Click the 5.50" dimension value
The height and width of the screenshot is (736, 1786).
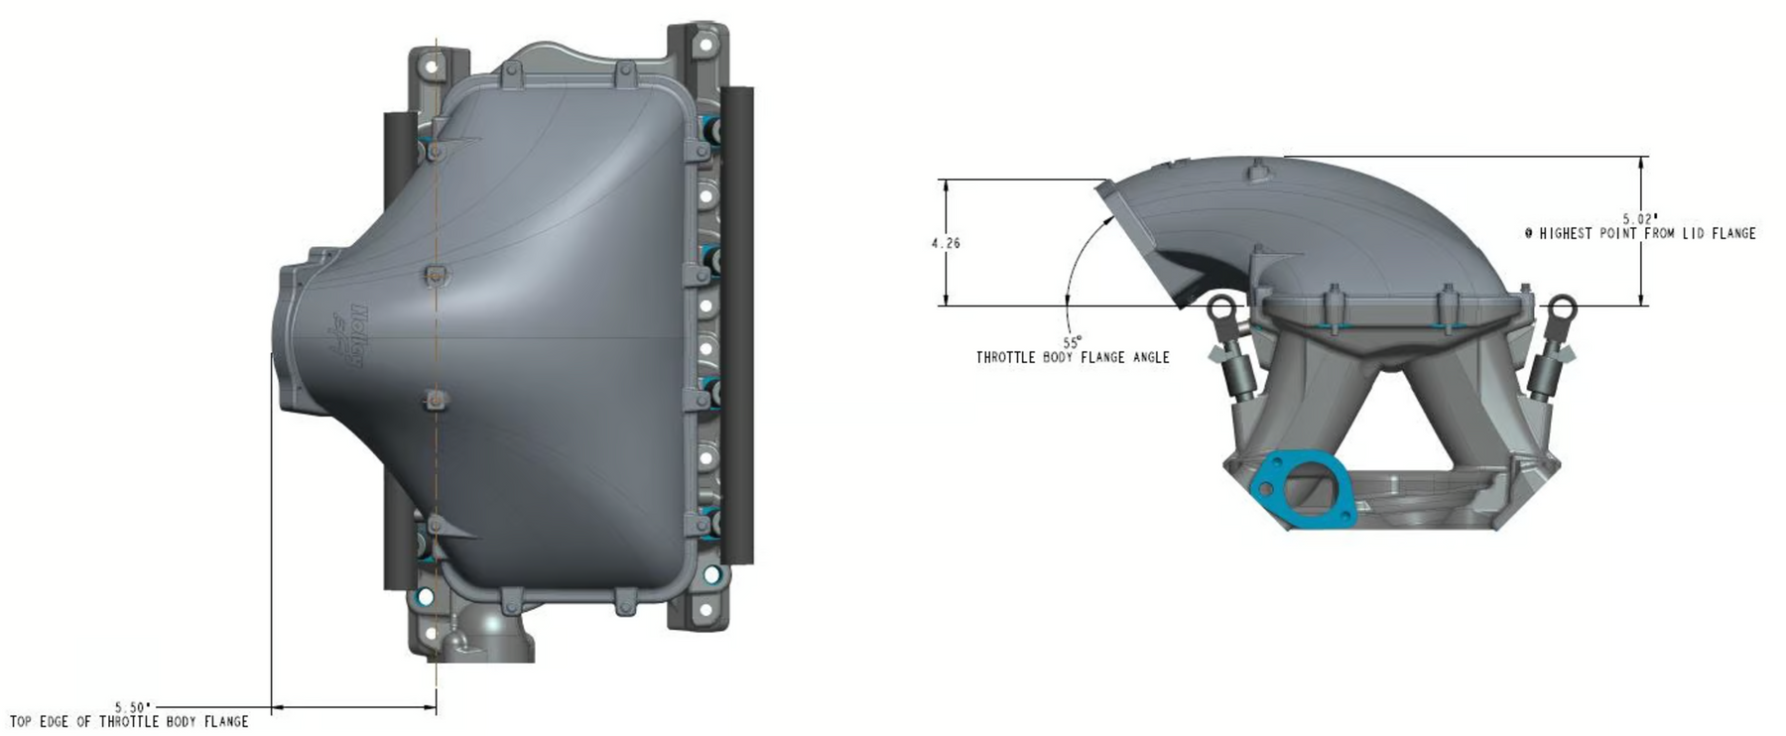[133, 707]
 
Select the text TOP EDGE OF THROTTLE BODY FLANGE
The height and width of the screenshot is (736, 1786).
[129, 722]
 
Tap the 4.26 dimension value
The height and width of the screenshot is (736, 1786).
[946, 243]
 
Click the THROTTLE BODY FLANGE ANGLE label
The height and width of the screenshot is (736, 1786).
[1073, 357]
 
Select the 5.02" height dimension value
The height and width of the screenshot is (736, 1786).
[1640, 218]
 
